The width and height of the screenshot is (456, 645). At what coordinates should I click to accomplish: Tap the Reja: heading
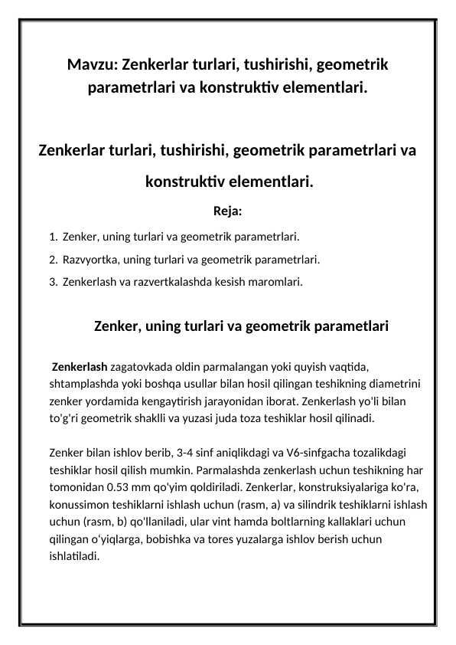click(228, 211)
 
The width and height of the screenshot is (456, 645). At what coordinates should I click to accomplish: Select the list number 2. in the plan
click(52, 259)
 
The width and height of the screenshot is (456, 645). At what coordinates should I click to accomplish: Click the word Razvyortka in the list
click(90, 259)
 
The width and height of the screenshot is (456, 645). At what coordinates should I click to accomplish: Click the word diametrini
click(399, 384)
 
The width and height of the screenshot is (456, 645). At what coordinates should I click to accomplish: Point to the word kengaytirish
click(186, 401)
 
